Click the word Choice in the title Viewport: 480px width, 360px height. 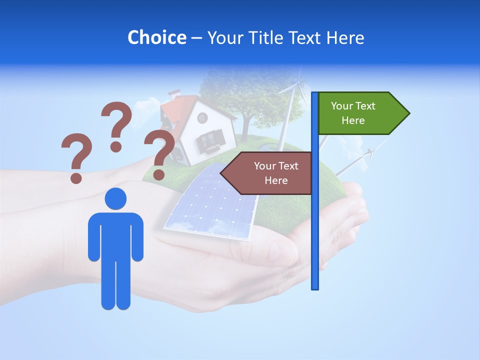(x=156, y=38)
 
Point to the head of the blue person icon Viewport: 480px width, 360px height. (x=115, y=199)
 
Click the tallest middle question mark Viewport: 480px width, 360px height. (x=117, y=125)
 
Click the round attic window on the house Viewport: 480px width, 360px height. (x=202, y=118)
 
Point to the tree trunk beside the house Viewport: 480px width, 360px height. (x=245, y=128)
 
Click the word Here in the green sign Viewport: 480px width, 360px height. (x=353, y=120)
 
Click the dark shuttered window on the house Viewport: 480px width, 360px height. (x=210, y=139)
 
